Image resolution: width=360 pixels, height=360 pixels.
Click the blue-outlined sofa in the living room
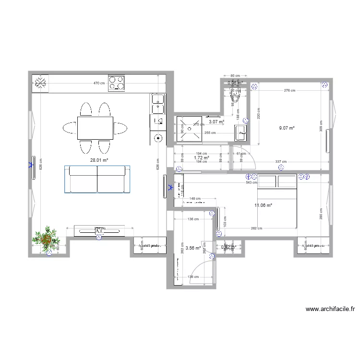[97, 179]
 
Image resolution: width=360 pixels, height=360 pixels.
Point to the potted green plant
[47, 238]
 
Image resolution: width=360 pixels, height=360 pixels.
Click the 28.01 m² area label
[99, 161]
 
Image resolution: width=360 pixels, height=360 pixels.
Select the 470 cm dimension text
[99, 84]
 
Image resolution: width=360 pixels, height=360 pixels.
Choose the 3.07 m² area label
[216, 122]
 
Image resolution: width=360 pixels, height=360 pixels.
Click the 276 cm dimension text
[289, 90]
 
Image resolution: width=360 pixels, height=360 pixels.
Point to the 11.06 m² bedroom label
[263, 205]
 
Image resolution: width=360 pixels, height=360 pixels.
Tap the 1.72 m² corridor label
[202, 157]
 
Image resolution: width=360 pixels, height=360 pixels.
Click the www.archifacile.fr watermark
[330, 310]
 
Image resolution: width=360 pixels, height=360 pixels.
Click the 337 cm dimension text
[281, 162]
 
